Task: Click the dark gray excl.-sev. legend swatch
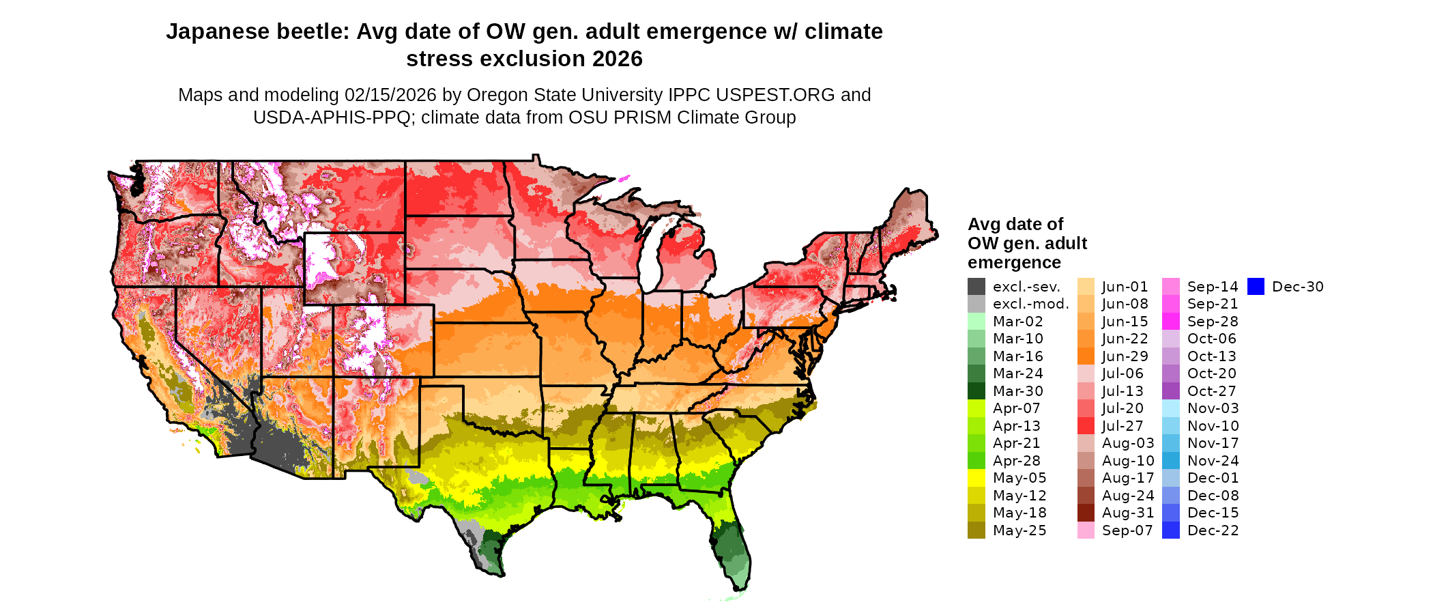click(x=976, y=287)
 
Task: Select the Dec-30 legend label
click(x=1297, y=287)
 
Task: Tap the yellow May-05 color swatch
click(x=976, y=478)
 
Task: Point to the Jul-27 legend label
click(x=1123, y=426)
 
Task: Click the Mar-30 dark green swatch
click(x=976, y=391)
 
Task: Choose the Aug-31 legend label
click(x=1128, y=513)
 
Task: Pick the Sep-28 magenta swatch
click(x=1170, y=322)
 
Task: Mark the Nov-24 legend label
click(x=1213, y=461)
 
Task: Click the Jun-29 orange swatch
click(x=1086, y=356)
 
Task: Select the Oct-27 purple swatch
click(x=1170, y=391)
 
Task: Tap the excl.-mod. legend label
click(x=1030, y=304)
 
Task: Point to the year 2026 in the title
click(x=617, y=59)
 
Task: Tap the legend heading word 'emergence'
click(x=1014, y=263)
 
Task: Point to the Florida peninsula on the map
click(x=733, y=546)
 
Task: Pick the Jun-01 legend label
click(x=1125, y=287)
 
